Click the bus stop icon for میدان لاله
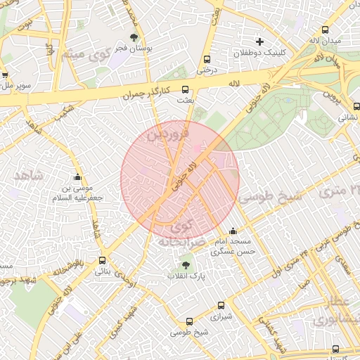click(324, 30)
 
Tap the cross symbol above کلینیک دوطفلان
click(259, 41)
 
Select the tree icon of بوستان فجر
click(134, 37)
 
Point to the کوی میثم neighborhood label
click(84, 54)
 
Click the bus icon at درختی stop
click(206, 59)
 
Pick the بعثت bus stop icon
click(186, 90)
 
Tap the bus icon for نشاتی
click(356, 107)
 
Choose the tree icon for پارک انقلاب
click(186, 265)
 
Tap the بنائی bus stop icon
click(102, 260)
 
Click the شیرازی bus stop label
click(221, 316)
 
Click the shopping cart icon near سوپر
click(5, 75)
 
